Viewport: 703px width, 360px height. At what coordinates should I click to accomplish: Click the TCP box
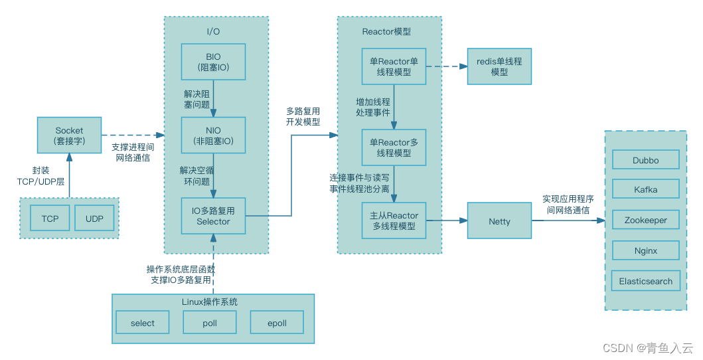[x=50, y=219]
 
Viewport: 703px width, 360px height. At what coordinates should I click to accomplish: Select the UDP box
[x=94, y=219]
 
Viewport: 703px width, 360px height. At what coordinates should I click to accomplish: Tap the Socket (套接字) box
[x=69, y=135]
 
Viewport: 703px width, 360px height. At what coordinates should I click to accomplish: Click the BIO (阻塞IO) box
[x=213, y=62]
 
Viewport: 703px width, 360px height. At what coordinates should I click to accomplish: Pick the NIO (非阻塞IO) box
[x=213, y=135]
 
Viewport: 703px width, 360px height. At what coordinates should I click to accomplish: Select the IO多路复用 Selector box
[x=213, y=216]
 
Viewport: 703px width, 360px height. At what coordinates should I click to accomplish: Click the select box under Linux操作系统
[x=142, y=323]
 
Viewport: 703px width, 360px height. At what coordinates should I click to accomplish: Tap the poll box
[x=209, y=323]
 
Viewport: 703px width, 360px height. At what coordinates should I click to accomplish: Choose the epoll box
[x=277, y=323]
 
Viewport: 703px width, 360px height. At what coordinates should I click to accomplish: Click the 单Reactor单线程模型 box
[x=394, y=66]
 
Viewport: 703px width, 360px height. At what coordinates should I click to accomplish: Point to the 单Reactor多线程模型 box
[x=394, y=147]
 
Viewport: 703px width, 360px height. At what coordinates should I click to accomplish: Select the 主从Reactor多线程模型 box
[x=394, y=221]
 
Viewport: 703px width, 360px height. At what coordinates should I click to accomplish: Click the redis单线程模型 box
[x=499, y=66]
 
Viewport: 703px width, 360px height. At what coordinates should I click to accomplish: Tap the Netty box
[x=499, y=221]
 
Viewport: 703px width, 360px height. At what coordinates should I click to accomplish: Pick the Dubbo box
[x=645, y=160]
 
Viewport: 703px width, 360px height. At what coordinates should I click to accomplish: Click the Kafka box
[x=645, y=189]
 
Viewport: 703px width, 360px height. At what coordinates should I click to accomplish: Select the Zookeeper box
[x=645, y=220]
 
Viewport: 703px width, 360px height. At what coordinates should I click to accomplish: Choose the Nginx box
[x=645, y=250]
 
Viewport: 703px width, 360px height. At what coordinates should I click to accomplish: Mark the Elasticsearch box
[x=645, y=281]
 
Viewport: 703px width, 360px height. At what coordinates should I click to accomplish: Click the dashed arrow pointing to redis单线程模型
[x=446, y=66]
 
